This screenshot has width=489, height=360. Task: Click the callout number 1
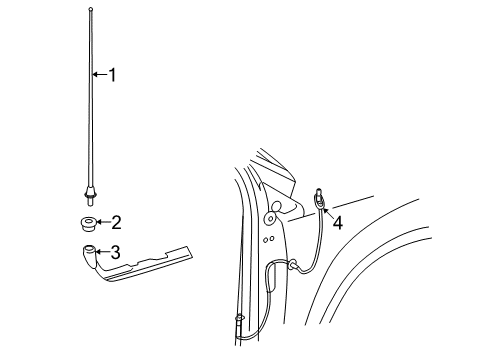[112, 75]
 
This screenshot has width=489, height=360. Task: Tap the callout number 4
[337, 223]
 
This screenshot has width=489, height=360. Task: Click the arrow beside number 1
[98, 75]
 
